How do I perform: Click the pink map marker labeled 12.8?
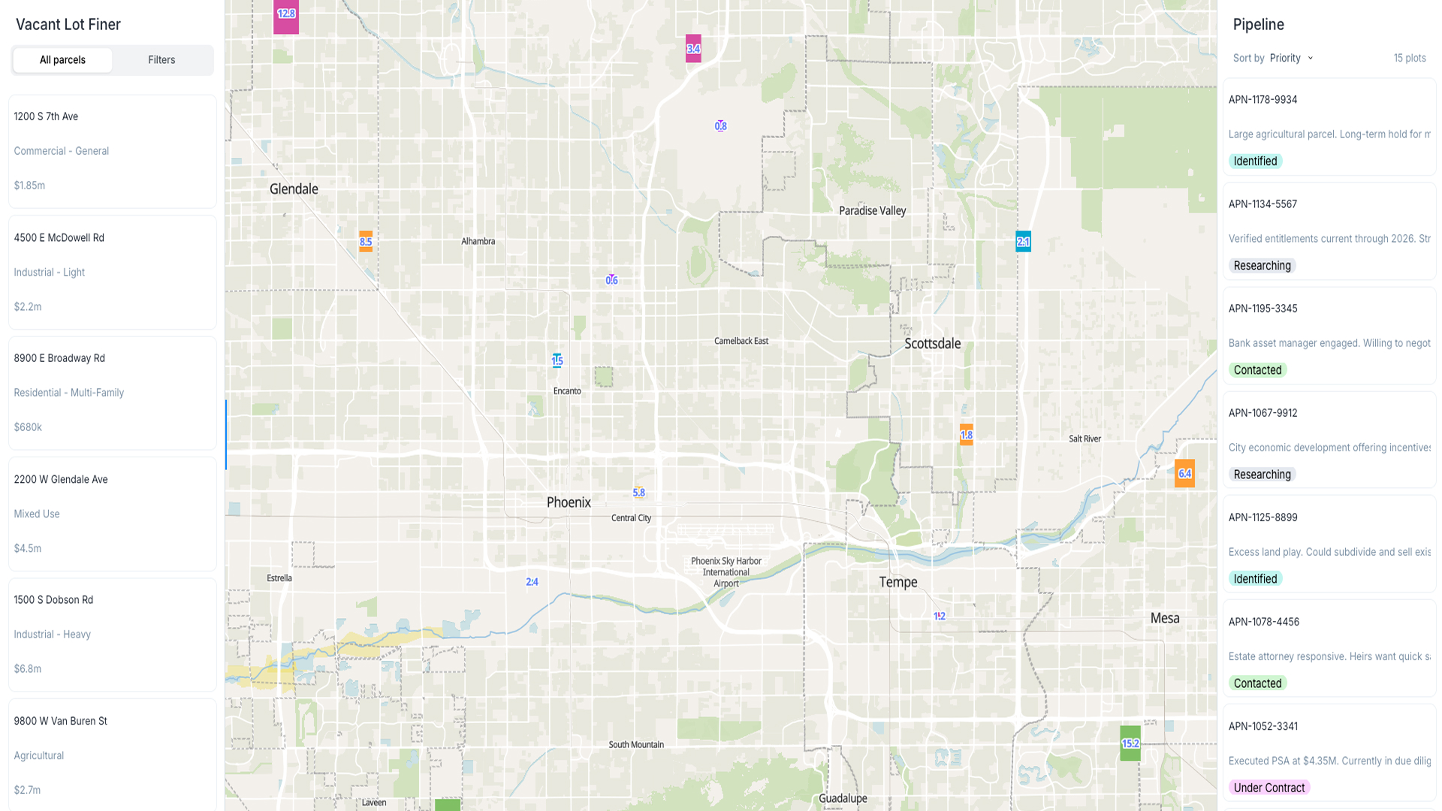(286, 15)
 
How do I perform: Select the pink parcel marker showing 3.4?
(693, 49)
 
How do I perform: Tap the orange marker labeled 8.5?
(366, 241)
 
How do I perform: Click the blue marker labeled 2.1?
(1023, 241)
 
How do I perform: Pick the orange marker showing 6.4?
(1184, 473)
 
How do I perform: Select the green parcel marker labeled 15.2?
(1130, 743)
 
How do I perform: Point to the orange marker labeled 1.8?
(967, 435)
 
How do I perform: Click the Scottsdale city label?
(932, 344)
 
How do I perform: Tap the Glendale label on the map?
(294, 189)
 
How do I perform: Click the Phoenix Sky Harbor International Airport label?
(726, 572)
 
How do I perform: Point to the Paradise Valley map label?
(872, 211)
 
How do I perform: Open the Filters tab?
(161, 60)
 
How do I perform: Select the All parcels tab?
(62, 60)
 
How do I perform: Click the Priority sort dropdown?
(1291, 58)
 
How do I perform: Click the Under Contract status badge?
(1269, 788)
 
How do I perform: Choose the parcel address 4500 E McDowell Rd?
(59, 238)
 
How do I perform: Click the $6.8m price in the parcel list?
(28, 668)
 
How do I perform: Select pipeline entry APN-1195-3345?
(1263, 309)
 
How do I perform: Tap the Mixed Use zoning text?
(37, 514)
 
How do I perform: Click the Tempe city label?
(898, 582)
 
